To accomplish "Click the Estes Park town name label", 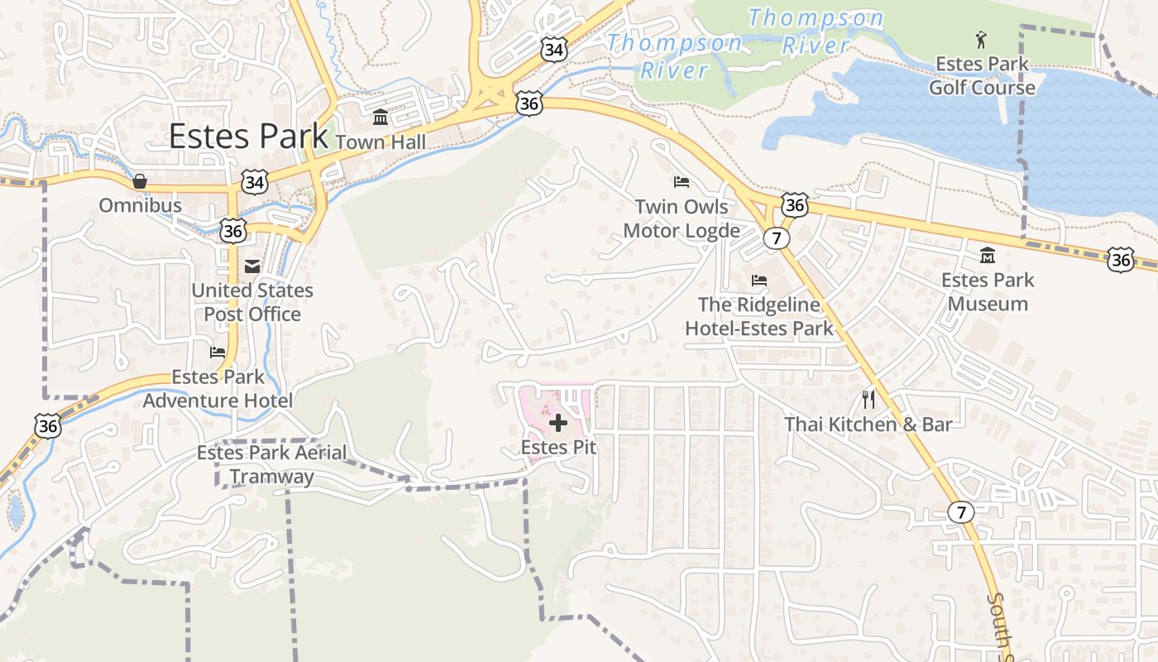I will coord(249,137).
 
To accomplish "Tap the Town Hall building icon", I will coord(380,117).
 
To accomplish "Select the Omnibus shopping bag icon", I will coord(140,181).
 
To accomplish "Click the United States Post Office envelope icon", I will coord(251,266).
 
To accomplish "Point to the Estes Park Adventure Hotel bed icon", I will coord(218,353).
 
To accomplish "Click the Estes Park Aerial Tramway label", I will coord(271,464).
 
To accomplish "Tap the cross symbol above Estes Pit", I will coord(558,424).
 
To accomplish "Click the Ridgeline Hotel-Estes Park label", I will coord(759,317).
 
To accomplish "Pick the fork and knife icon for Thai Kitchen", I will coord(868,401).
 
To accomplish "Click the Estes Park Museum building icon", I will coord(988,256).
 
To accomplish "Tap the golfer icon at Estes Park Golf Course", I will coord(981,40).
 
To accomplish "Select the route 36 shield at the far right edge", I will coord(1121,260).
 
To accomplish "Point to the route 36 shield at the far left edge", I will coord(47,425).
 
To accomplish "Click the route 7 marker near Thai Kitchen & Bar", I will coord(960,512).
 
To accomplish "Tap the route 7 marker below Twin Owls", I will coord(775,238).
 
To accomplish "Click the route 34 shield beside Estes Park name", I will coord(255,182).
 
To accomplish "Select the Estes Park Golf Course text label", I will coord(982,75).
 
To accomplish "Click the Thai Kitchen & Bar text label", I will coord(868,425).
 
